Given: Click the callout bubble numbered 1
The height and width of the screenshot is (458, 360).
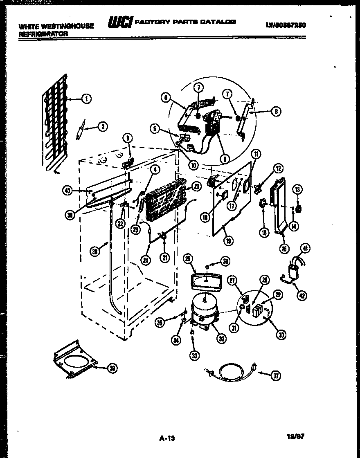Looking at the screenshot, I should point(86,98).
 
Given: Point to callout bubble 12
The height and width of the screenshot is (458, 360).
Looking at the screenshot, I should point(278,168).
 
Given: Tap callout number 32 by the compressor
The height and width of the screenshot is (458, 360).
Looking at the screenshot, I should point(221,338).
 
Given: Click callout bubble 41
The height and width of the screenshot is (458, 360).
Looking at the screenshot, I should point(306,247).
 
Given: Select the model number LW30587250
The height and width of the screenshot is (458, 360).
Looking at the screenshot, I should point(286,25).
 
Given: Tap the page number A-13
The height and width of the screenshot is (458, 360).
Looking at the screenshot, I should point(166,439).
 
